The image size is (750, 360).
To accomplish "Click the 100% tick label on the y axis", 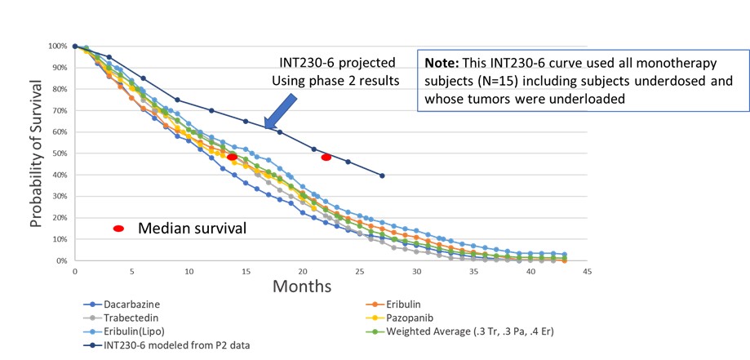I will pos(58,46).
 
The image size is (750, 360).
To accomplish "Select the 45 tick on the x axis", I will pos(587,273).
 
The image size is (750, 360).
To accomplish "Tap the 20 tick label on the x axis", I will pos(303,273).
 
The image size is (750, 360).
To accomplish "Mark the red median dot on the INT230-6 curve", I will pos(326,157).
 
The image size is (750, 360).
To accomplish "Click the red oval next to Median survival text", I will pos(118,229).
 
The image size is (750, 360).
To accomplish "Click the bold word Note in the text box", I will pos(442,62).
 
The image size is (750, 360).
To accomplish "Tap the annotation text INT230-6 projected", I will pos(334,62).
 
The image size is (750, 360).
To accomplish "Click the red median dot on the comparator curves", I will pos(232,157).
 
